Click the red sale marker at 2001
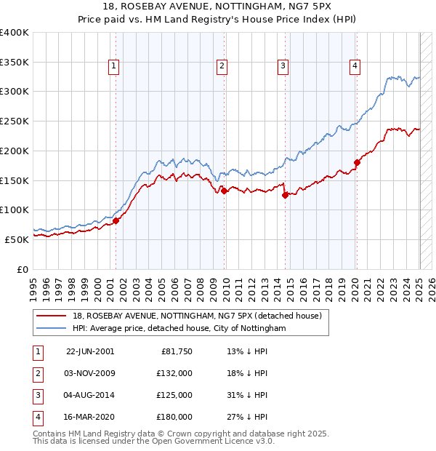[x=116, y=220]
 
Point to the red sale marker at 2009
[x=224, y=191]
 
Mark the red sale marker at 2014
[x=286, y=194]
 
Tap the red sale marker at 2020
[x=357, y=162]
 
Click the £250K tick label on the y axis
[x=15, y=121]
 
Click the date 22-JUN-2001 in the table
[x=90, y=351]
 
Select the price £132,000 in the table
[x=174, y=373]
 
